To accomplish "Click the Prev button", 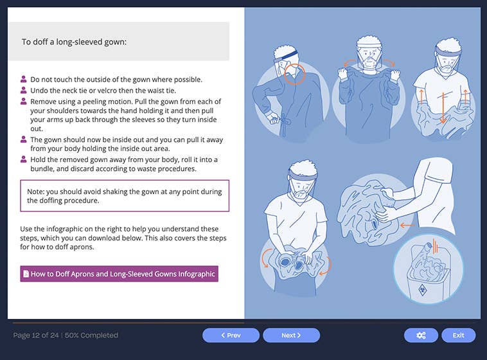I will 231,335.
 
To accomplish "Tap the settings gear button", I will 421,335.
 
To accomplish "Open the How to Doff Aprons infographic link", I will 119,273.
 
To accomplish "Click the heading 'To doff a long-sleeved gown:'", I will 74,42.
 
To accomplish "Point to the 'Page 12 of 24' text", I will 36,335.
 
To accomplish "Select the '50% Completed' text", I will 93,335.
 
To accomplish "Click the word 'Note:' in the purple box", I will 37,192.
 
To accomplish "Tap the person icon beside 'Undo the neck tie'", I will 24,90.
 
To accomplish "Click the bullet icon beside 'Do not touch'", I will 24,80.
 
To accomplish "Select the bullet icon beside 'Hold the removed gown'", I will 24,159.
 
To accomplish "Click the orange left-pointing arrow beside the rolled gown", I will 406,225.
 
